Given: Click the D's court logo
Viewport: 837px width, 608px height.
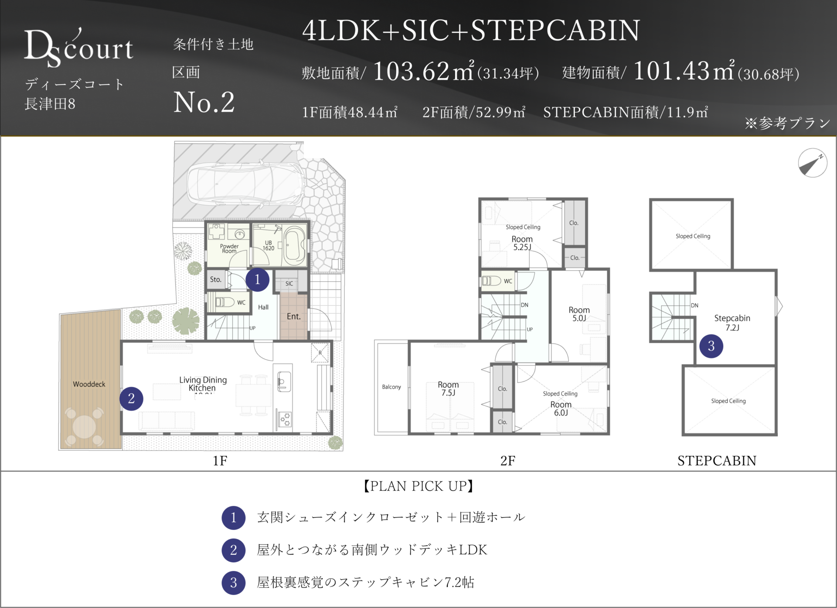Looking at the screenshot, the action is point(78,48).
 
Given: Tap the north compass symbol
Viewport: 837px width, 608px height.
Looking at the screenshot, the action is point(813,163).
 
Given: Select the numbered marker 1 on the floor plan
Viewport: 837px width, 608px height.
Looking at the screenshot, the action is point(257,279).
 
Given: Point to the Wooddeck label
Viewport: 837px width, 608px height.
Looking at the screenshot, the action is point(89,384).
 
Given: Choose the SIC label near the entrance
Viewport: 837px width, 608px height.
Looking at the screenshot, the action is point(289,283).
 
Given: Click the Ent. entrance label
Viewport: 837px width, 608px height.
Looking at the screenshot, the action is point(293,316).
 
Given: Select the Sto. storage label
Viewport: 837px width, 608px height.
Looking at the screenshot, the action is point(215,279).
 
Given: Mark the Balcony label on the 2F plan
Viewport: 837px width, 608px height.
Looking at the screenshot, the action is point(391,387).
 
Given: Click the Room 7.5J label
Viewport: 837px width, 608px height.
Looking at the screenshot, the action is point(448,388).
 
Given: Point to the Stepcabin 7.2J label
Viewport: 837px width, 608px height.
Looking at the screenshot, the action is point(732,323).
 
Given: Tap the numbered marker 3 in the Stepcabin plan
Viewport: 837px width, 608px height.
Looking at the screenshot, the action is point(711,346).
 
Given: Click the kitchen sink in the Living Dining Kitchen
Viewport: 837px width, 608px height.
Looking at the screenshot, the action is point(284,381).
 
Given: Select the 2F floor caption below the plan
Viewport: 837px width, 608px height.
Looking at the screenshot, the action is point(507,460).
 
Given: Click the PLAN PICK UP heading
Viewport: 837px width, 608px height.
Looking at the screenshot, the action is point(418,486).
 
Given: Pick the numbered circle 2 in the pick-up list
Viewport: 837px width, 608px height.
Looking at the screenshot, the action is point(234,550).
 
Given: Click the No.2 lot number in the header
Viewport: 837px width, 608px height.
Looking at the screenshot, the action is point(204,103).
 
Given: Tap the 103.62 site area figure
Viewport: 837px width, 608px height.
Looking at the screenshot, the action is point(411,71).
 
